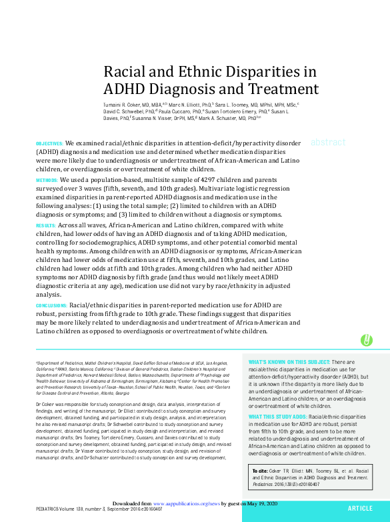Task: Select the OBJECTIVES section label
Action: click(x=49, y=143)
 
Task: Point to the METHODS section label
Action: click(x=46, y=181)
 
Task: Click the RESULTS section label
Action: click(x=45, y=227)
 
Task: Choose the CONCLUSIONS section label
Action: click(x=52, y=304)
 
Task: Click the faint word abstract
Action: click(x=328, y=143)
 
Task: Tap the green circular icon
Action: click(x=366, y=340)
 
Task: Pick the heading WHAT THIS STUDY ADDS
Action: click(x=277, y=417)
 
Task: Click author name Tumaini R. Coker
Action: click(x=126, y=105)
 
